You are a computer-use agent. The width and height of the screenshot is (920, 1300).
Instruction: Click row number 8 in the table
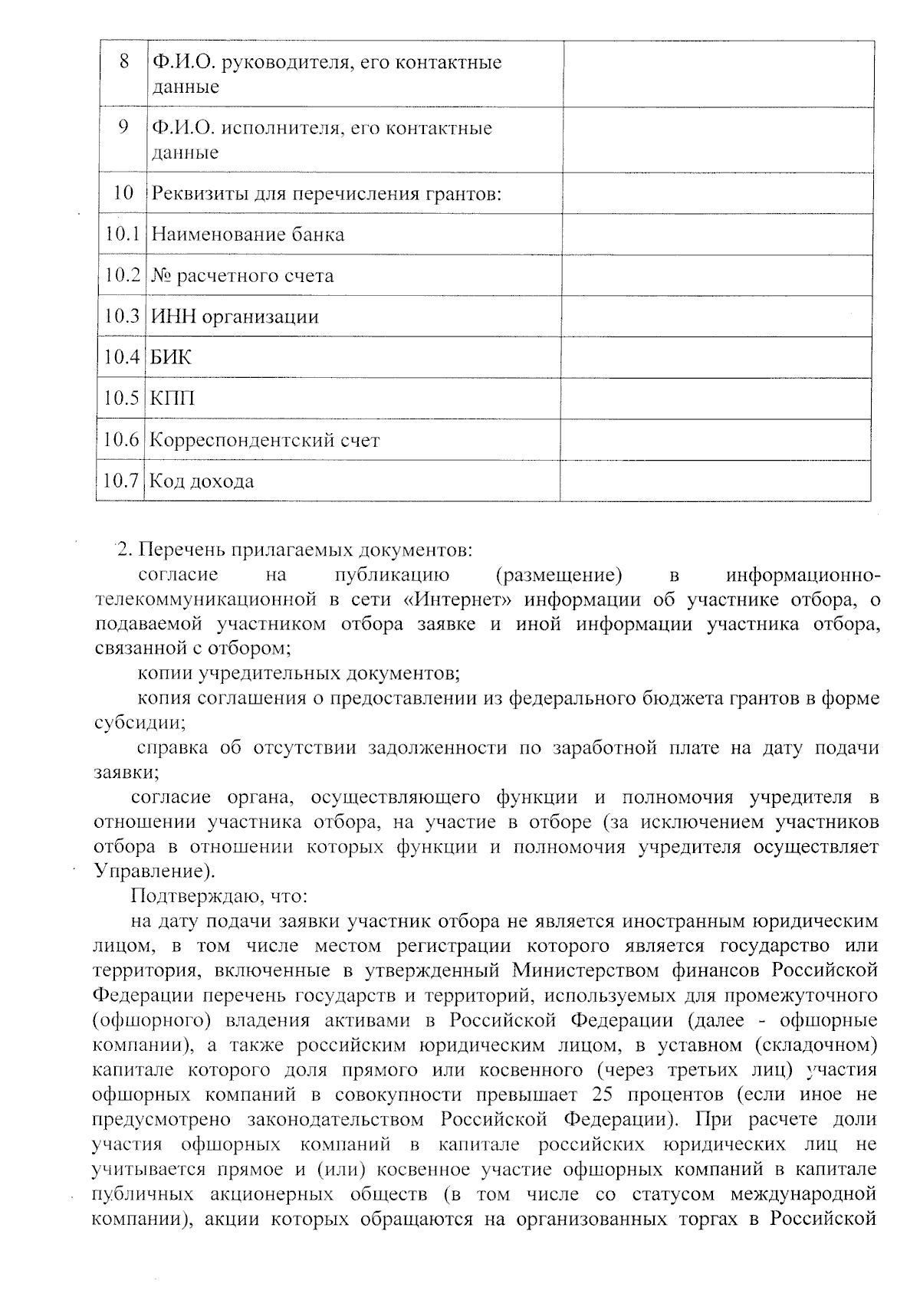tap(124, 61)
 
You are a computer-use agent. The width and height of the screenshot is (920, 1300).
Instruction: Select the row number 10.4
tap(122, 357)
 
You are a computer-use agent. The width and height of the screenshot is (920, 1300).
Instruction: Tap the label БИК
tap(171, 357)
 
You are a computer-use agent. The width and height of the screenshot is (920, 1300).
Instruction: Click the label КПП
tap(172, 399)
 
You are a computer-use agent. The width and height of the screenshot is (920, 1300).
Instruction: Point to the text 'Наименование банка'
tap(248, 235)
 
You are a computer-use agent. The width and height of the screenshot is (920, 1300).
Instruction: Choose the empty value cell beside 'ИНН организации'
tap(717, 317)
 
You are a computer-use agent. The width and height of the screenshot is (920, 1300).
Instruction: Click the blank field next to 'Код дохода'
tap(715, 481)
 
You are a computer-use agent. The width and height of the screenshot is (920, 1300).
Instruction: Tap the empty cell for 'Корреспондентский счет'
tap(715, 440)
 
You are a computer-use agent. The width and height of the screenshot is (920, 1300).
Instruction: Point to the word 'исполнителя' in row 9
tap(280, 128)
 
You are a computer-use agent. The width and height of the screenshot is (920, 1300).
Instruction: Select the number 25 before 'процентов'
tap(606, 1094)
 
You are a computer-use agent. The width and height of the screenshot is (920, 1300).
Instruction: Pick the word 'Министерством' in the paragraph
tap(586, 970)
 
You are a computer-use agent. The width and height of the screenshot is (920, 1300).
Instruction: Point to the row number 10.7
tap(120, 481)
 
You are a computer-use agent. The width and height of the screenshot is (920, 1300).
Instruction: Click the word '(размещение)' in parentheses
tap(559, 575)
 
